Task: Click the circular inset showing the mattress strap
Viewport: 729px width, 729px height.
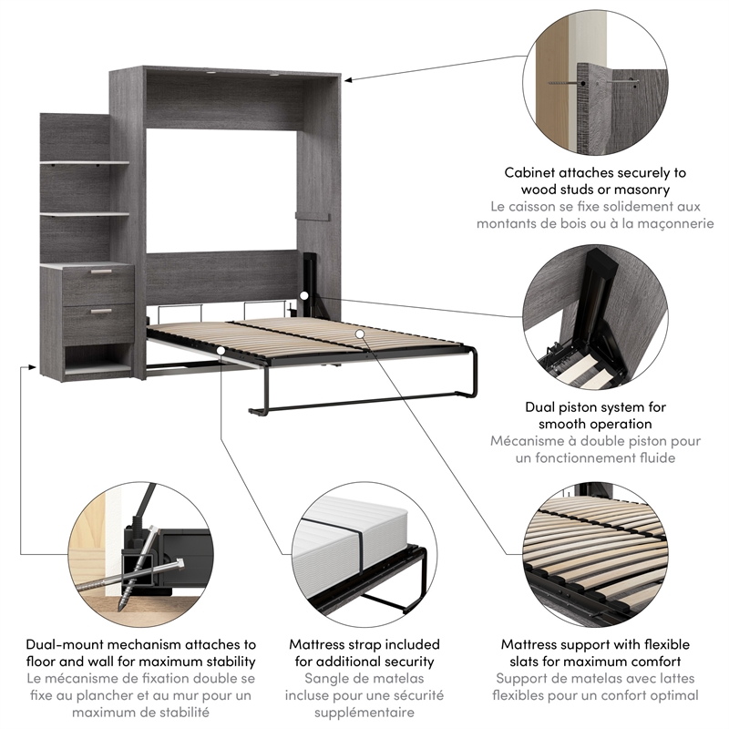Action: tap(363, 555)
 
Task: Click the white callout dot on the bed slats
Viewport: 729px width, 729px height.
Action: tap(361, 334)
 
